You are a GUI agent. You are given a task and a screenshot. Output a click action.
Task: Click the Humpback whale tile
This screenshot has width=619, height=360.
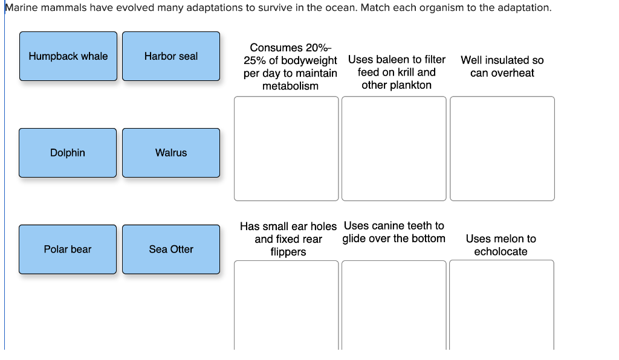pyautogui.click(x=68, y=56)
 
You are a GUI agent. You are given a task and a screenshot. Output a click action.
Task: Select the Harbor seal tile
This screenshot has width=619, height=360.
pyautogui.click(x=171, y=56)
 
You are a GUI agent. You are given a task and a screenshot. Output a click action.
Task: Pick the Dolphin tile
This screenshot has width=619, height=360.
pyautogui.click(x=68, y=153)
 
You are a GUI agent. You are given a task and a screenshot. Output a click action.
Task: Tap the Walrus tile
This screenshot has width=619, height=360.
pyautogui.click(x=171, y=153)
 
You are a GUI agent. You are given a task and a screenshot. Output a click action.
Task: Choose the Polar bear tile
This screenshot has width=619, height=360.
pyautogui.click(x=68, y=249)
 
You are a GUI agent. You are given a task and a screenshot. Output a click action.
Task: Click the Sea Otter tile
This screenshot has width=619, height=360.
pyautogui.click(x=171, y=249)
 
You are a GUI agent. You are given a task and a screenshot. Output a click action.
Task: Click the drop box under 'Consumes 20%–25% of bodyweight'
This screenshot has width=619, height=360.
pyautogui.click(x=286, y=149)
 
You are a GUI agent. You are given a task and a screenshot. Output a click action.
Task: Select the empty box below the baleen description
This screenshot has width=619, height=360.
pyautogui.click(x=394, y=149)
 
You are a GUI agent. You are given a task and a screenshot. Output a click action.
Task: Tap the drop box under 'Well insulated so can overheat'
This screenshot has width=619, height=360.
pyautogui.click(x=502, y=149)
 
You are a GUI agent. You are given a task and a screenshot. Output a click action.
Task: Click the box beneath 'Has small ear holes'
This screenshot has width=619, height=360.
pyautogui.click(x=286, y=305)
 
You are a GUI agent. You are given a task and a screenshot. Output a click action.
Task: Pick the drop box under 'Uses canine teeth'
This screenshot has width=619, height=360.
pyautogui.click(x=394, y=305)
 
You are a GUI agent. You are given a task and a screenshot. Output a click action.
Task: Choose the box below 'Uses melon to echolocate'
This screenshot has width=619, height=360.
pyautogui.click(x=502, y=305)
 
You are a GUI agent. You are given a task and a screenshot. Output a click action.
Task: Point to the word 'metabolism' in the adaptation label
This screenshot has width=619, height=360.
pyautogui.click(x=290, y=86)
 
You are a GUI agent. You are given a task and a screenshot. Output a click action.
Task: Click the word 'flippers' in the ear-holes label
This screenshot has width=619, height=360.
pyautogui.click(x=288, y=252)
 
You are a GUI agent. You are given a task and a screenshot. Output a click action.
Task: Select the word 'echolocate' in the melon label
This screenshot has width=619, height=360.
pyautogui.click(x=501, y=251)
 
